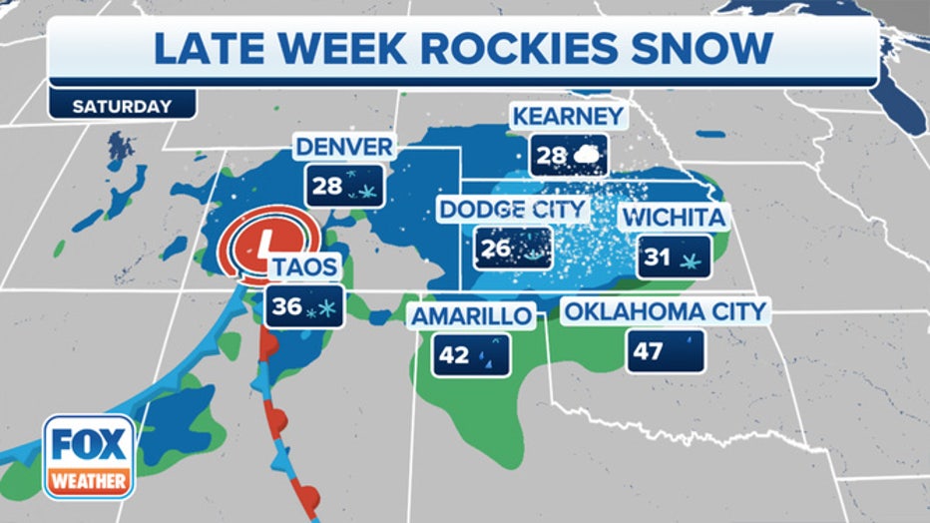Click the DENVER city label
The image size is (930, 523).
point(344,148)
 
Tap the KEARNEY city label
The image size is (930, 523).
point(568,116)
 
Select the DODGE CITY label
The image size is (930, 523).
point(513,211)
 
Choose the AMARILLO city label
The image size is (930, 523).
point(474,316)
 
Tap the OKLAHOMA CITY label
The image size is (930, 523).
point(666,311)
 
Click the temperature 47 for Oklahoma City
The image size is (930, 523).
point(648,352)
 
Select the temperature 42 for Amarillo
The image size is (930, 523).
point(455,355)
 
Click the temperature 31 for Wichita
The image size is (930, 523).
point(657,257)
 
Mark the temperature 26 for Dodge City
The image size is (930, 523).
point(494,250)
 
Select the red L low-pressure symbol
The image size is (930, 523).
point(263,243)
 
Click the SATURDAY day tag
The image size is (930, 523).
point(108,105)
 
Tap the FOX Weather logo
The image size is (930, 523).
point(88,456)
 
